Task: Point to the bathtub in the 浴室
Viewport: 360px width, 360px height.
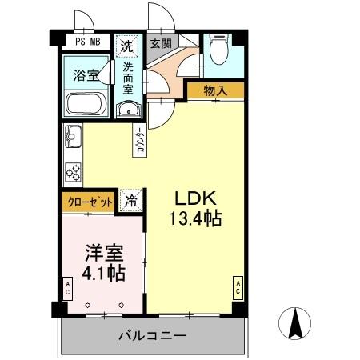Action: pyautogui.click(x=85, y=102)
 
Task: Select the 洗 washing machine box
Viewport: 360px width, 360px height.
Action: pyautogui.click(x=127, y=46)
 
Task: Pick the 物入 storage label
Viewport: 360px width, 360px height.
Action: pyautogui.click(x=215, y=90)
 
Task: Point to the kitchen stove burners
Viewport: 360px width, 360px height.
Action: pyautogui.click(x=71, y=170)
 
